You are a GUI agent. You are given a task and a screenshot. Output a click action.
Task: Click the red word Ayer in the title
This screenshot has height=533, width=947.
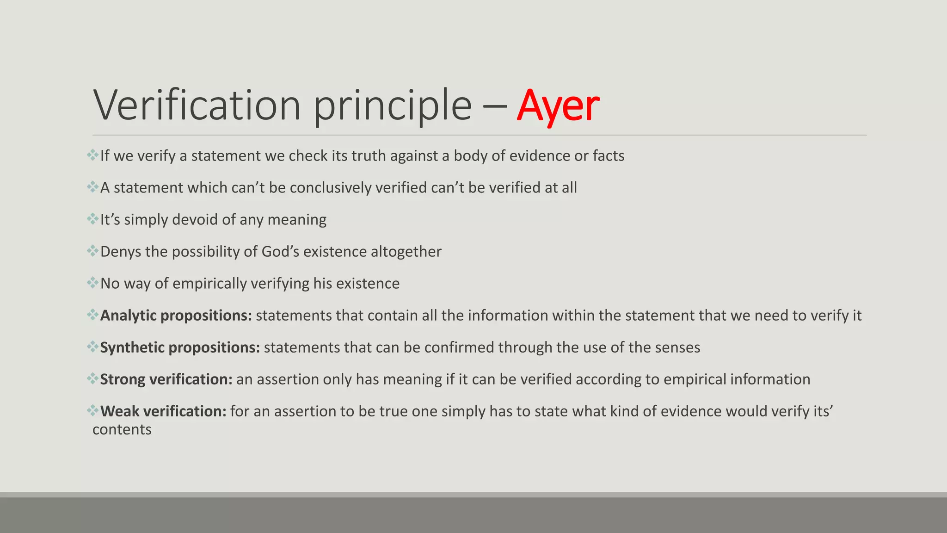coord(558,106)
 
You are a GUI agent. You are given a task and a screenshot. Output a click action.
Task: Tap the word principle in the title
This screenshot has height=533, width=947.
coord(393,106)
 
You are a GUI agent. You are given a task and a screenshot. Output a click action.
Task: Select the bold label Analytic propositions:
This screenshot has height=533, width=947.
coord(176,316)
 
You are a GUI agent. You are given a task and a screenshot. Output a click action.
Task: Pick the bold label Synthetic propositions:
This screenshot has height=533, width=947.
coord(180,347)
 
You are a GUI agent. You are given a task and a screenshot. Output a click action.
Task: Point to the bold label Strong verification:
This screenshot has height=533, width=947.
coord(166,379)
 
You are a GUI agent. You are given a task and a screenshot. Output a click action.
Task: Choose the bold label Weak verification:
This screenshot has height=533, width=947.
coord(163,411)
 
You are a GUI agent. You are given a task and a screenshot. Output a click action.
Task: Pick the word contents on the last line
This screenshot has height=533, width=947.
coord(122,430)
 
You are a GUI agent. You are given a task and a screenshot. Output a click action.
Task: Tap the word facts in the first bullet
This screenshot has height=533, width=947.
coord(609,156)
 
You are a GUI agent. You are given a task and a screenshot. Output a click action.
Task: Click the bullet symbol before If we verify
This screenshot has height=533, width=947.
coord(92,155)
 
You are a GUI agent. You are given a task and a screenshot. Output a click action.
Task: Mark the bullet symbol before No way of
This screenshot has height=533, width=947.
coord(92,282)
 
